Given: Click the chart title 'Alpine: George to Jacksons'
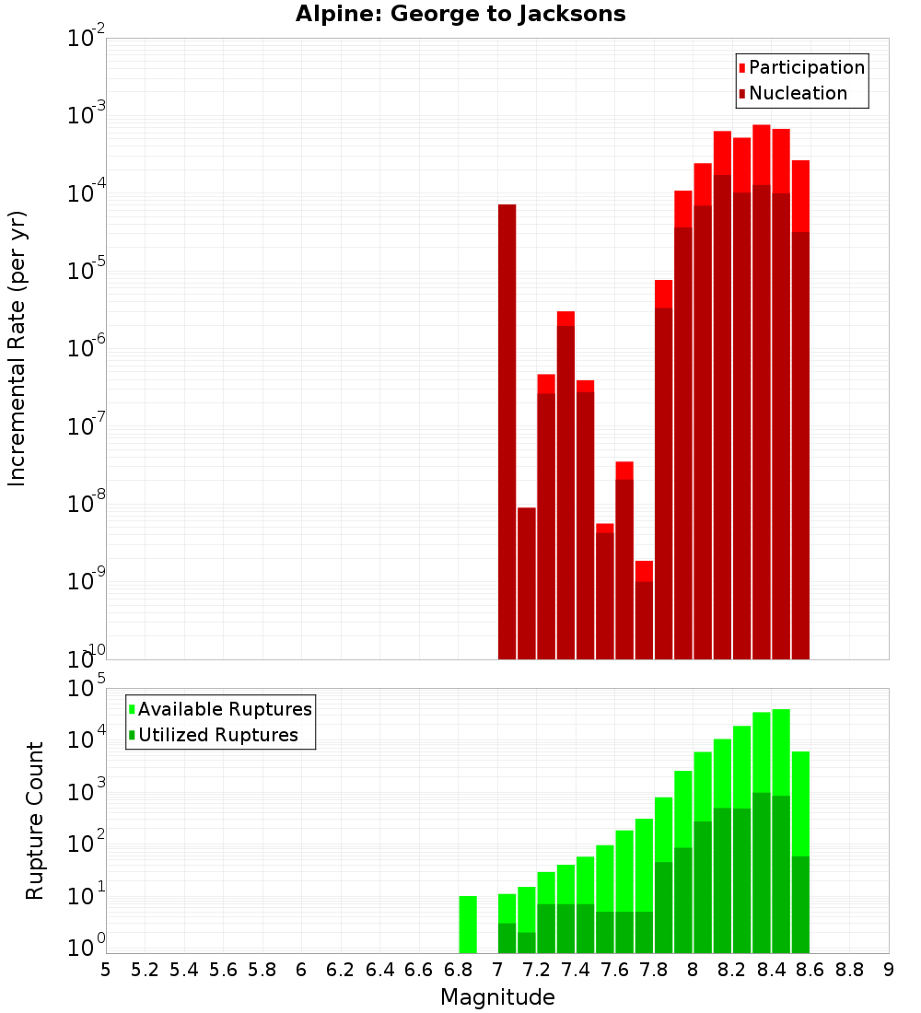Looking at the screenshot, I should coord(460,15).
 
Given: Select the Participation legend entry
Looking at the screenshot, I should coord(801,67).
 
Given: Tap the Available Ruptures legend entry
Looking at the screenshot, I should coord(220,709).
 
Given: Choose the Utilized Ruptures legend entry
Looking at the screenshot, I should coord(213,735).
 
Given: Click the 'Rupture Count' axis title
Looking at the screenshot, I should coord(35,821).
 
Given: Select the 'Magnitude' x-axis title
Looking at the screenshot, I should coord(497,997).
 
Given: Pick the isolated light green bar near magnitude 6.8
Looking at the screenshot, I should coord(468,924).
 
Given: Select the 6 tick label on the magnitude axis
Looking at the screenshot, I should coord(301,970).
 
